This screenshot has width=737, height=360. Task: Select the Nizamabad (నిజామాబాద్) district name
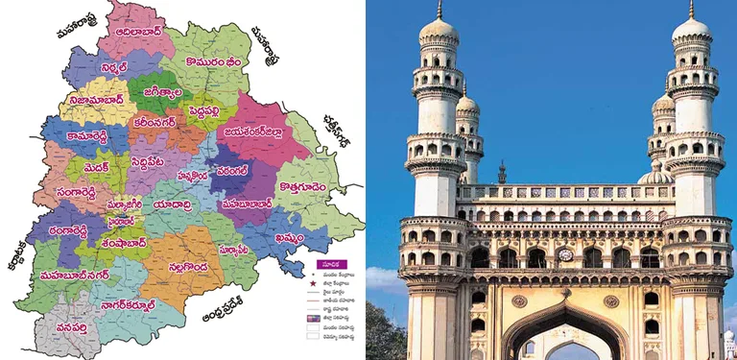point(94,98)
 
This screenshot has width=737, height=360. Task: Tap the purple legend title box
point(327,263)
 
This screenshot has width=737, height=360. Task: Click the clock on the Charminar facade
point(565,255)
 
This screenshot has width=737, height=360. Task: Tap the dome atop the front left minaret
point(439,30)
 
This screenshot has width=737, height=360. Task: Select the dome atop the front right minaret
point(691,29)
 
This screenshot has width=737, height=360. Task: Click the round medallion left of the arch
point(519,300)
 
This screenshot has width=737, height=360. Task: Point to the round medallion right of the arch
point(610,300)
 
